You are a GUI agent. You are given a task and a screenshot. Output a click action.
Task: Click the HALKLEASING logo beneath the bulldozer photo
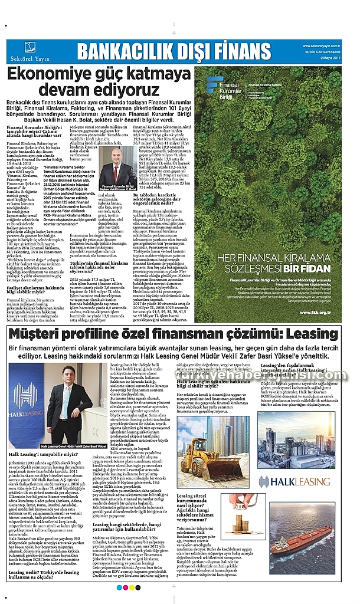click(289, 481)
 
